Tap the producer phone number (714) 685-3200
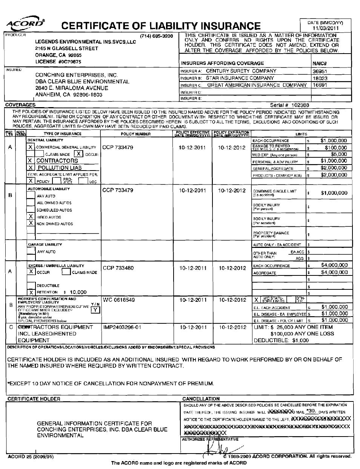156,36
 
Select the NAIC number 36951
320,71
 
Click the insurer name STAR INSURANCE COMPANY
235,78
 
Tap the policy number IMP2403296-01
122,327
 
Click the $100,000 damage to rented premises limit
335,148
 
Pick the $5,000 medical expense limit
339,154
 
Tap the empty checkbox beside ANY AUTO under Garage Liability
31,252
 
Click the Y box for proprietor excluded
95,310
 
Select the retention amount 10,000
78,292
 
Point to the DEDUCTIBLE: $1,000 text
281,340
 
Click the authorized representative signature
219,449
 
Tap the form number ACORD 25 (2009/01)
31,457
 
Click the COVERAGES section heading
20,105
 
